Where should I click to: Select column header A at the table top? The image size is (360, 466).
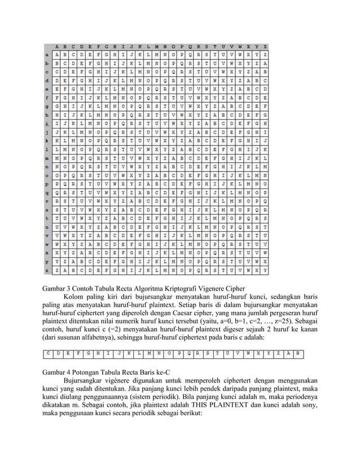click(x=57, y=46)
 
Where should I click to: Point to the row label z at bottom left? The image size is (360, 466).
click(x=47, y=270)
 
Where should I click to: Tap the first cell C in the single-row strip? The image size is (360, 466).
click(x=50, y=354)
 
